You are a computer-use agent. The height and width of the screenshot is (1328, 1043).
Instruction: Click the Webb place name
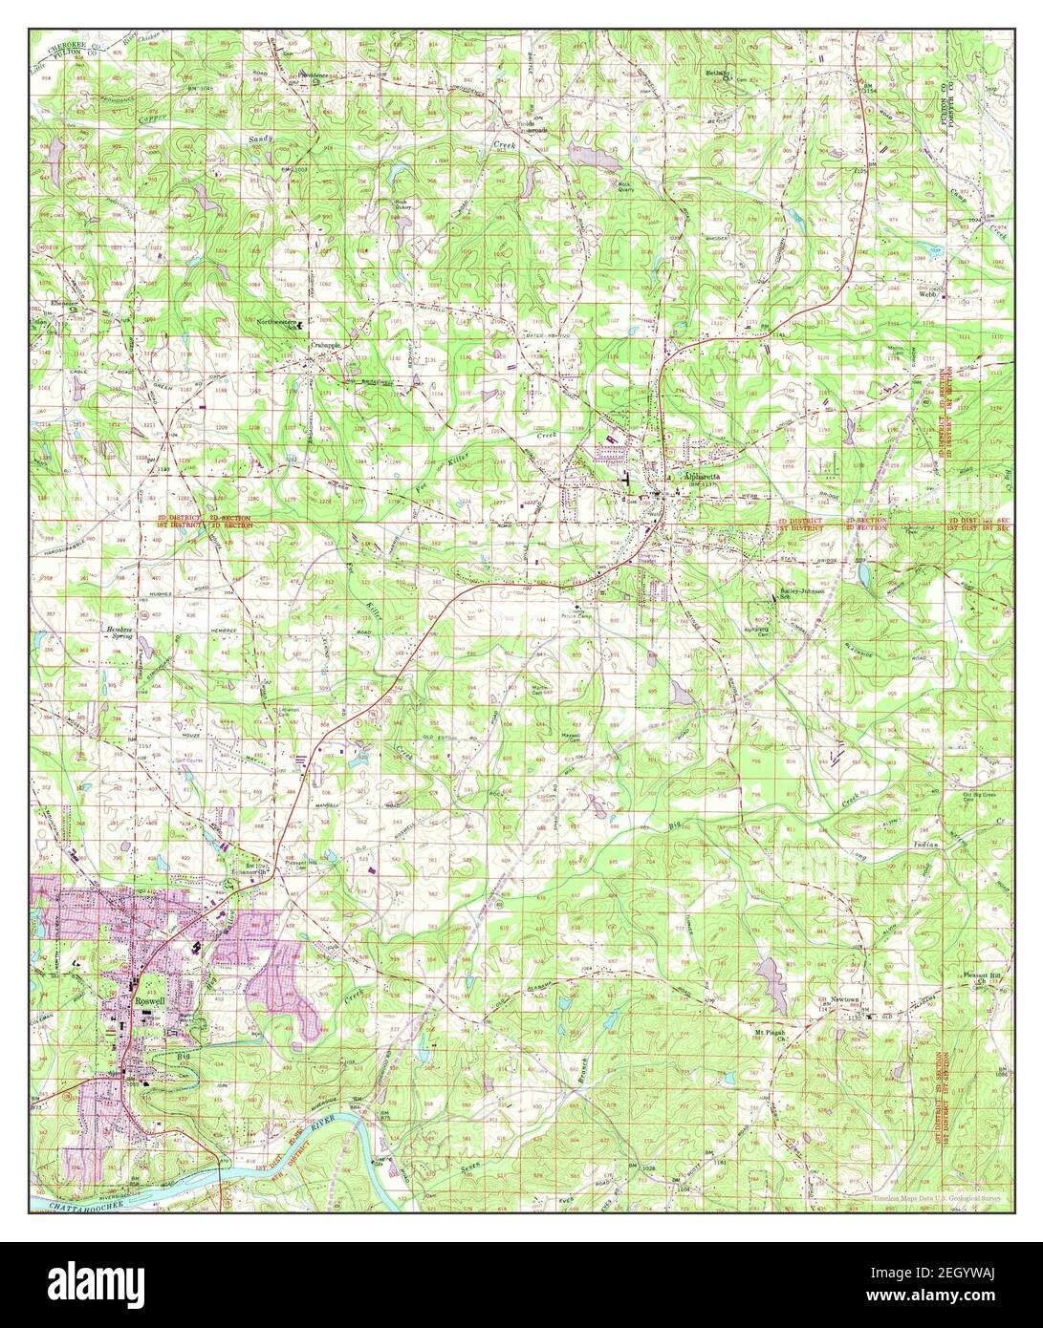[x=924, y=295]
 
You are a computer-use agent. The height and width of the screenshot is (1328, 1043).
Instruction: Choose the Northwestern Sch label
[x=278, y=323]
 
